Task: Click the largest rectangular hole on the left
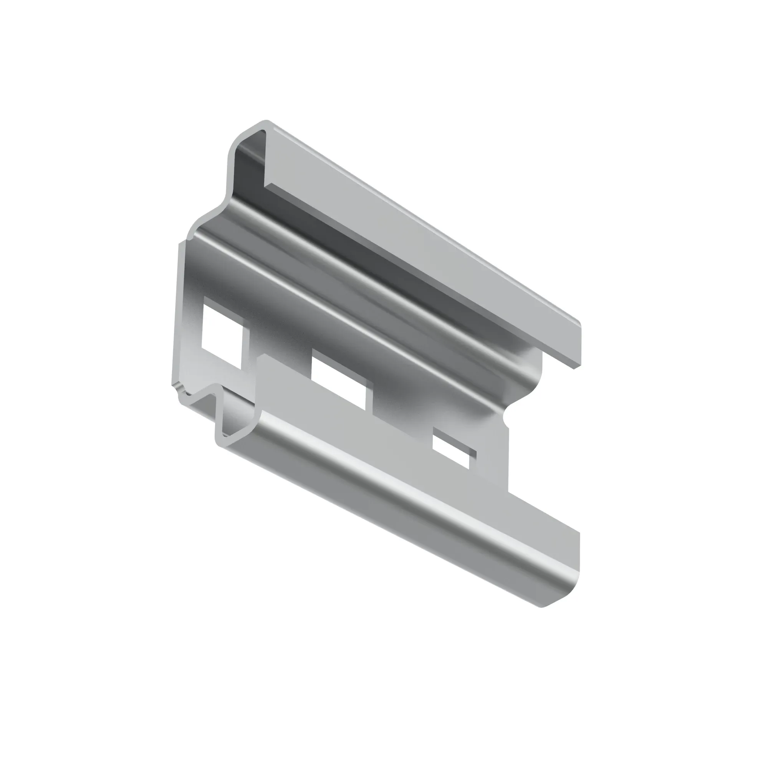pos(221,338)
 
